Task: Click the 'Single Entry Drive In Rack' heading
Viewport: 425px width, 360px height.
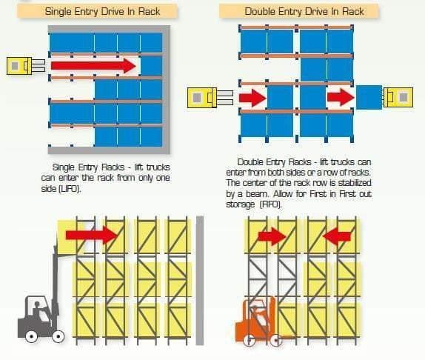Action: pos(102,11)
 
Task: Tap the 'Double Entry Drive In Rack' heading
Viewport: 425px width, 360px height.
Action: pos(304,11)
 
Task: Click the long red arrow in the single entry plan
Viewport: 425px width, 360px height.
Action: pos(93,66)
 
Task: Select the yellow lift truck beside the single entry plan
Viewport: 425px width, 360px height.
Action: pos(26,66)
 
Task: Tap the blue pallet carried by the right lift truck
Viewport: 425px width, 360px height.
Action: pos(369,97)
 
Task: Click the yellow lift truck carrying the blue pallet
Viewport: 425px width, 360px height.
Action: pos(398,97)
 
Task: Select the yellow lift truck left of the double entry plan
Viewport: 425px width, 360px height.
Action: pos(210,98)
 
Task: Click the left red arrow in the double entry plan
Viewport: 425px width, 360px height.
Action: pos(252,98)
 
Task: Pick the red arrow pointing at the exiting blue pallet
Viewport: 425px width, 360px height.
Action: pos(341,97)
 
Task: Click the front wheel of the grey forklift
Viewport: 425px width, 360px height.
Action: pos(58,336)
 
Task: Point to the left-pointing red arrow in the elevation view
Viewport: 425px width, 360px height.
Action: pos(337,236)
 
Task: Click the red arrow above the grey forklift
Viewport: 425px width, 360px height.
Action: pos(91,235)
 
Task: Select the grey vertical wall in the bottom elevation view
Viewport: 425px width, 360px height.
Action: pos(200,281)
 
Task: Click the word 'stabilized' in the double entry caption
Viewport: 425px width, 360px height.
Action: pos(355,183)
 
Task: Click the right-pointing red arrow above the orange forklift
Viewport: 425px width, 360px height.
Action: pos(272,236)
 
